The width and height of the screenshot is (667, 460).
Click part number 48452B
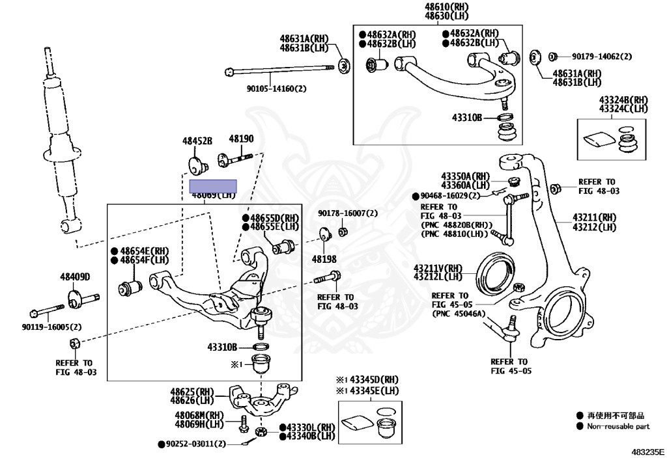click(197, 140)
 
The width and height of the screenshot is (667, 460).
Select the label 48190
click(240, 139)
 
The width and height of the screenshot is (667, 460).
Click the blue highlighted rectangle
click(213, 187)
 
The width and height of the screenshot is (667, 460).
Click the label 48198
click(324, 258)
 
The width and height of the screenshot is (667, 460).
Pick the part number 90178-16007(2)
click(348, 213)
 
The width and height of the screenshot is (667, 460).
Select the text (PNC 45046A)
click(459, 313)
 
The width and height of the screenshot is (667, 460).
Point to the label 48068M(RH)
click(199, 415)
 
